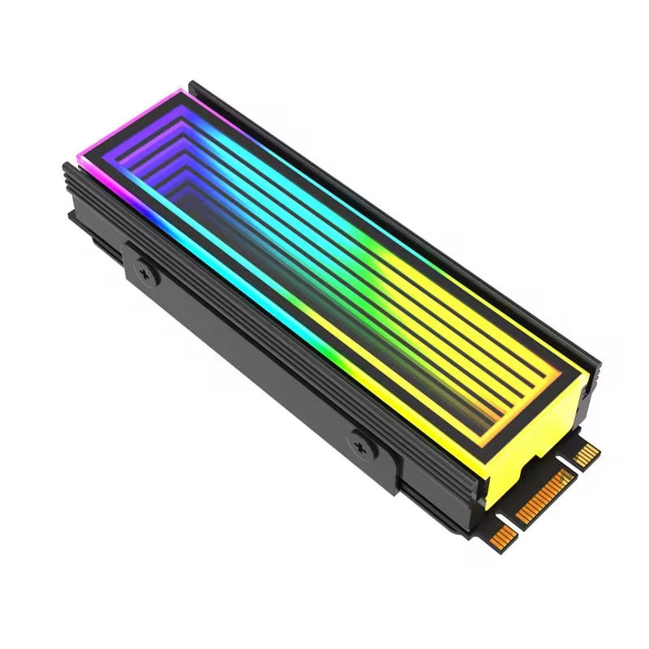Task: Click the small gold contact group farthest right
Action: click(587, 453)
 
